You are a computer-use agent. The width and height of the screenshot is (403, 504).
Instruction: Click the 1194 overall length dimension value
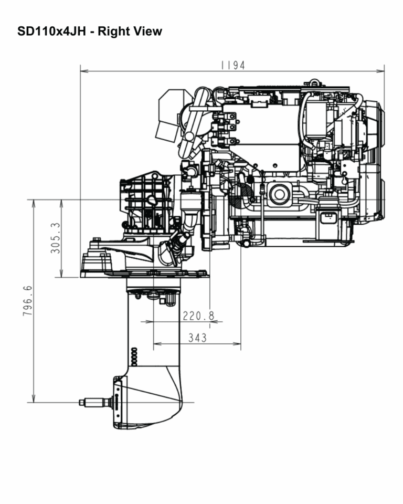(x=232, y=66)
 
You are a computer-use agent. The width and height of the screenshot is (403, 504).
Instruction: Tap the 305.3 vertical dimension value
(x=55, y=238)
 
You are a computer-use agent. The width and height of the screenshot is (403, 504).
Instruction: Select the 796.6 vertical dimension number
(x=28, y=301)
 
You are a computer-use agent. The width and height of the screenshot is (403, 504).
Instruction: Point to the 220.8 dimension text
(x=198, y=316)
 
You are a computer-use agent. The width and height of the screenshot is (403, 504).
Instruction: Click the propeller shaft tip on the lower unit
(x=82, y=403)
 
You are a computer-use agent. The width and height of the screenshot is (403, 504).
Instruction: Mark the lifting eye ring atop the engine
(x=314, y=82)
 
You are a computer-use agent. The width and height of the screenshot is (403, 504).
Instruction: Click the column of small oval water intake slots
(x=133, y=356)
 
